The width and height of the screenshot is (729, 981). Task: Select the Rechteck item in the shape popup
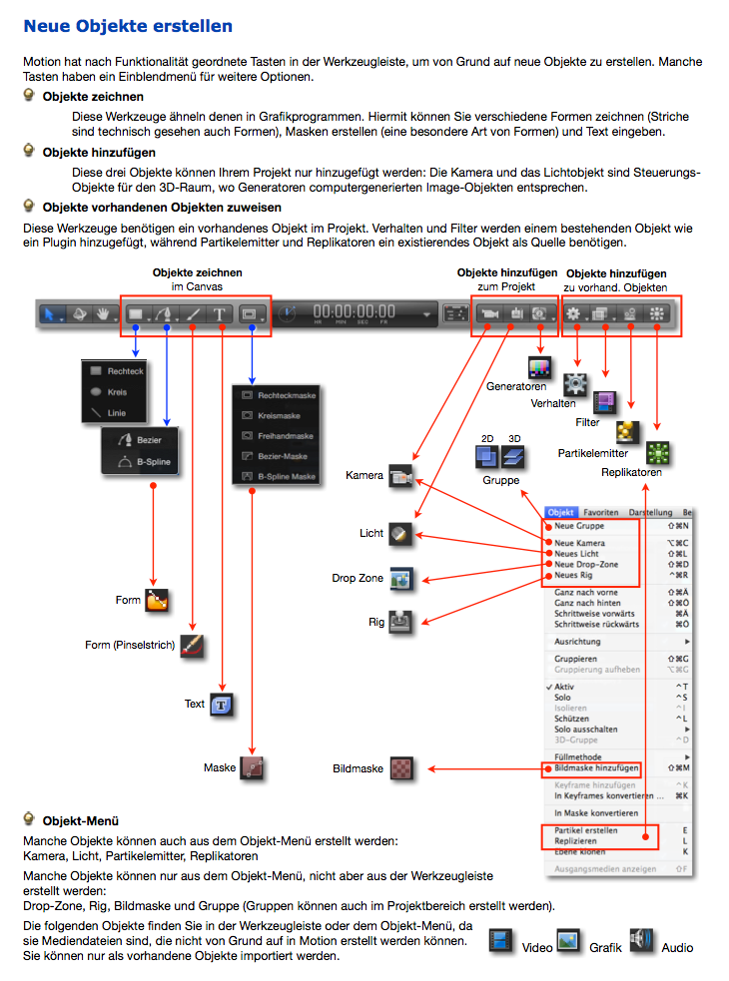tap(125, 370)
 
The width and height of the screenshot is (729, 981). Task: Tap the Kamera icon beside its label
tap(401, 476)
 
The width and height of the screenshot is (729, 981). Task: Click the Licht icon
tap(400, 534)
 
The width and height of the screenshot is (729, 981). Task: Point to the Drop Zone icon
tap(400, 579)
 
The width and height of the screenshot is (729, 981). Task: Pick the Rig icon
tap(400, 622)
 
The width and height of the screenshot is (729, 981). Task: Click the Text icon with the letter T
tap(222, 705)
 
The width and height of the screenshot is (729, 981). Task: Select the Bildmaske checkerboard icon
tap(401, 768)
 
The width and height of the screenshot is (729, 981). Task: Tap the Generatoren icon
tap(539, 366)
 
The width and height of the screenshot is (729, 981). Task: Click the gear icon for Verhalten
tap(575, 384)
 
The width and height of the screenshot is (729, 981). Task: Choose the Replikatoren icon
tap(658, 452)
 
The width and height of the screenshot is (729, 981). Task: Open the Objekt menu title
tap(561, 512)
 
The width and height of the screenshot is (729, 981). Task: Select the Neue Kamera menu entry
tap(580, 543)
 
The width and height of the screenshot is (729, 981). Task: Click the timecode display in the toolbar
tap(357, 312)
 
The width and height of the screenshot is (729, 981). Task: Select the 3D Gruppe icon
tap(514, 457)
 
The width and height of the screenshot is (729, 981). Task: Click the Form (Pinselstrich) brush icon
tap(192, 646)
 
